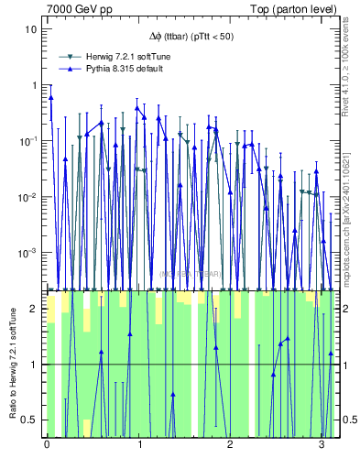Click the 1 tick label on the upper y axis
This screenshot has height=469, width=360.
pyautogui.click(x=35, y=85)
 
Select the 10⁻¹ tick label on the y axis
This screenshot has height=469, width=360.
pyautogui.click(x=29, y=141)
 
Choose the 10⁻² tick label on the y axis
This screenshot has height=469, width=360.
pyautogui.click(x=29, y=197)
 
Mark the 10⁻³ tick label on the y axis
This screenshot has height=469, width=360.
pyautogui.click(x=29, y=253)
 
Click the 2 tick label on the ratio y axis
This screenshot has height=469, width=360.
pyautogui.click(x=35, y=309)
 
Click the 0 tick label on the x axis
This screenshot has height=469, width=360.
pyautogui.click(x=47, y=446)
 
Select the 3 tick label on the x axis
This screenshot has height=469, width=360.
pyautogui.click(x=322, y=446)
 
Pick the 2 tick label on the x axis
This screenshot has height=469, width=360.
pyautogui.click(x=230, y=446)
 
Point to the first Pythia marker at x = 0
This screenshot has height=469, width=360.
pyautogui.click(x=50, y=97)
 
